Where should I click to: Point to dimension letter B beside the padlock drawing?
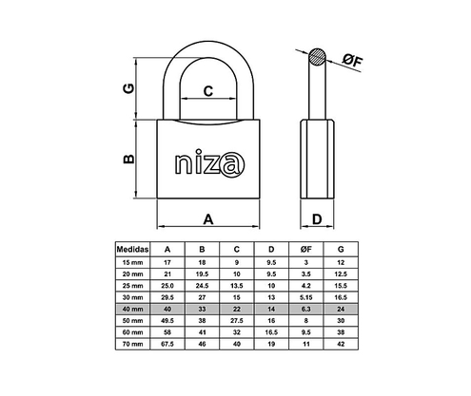tap(128, 160)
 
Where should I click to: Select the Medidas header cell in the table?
tap(130, 249)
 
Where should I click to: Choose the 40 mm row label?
tap(130, 310)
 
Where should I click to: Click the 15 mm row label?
tap(130, 261)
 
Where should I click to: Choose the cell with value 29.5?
tap(167, 297)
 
